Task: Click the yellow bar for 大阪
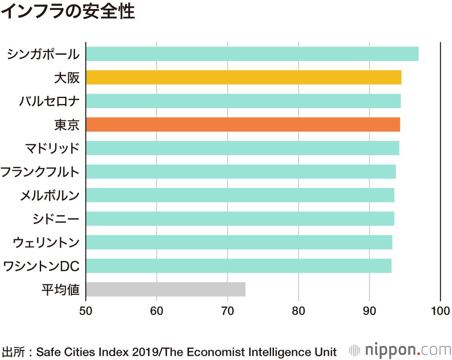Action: click(x=243, y=77)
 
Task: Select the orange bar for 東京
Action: click(x=243, y=124)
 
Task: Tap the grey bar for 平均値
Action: click(x=165, y=289)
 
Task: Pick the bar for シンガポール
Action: click(x=252, y=54)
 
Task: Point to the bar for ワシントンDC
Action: click(x=238, y=265)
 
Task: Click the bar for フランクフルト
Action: click(x=240, y=171)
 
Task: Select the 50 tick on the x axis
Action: click(x=86, y=311)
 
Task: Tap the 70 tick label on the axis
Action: click(x=227, y=311)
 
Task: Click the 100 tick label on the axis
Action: click(x=440, y=311)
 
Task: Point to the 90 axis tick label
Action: click(x=369, y=311)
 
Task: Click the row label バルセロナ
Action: click(x=49, y=101)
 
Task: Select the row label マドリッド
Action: click(x=52, y=148)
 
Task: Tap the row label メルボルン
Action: click(x=49, y=195)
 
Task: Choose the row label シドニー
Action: click(x=56, y=218)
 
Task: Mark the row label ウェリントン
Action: click(x=46, y=242)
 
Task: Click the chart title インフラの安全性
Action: click(x=68, y=12)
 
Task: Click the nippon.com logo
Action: click(x=400, y=350)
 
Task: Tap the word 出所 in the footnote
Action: click(x=12, y=351)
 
